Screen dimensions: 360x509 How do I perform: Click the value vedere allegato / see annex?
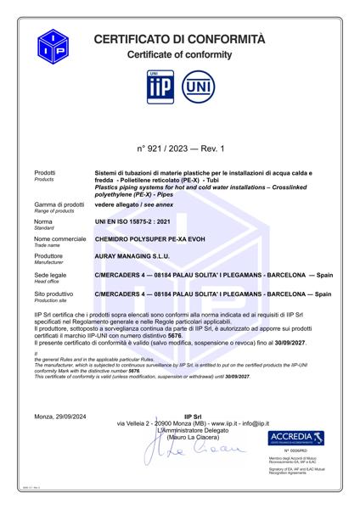(132, 204)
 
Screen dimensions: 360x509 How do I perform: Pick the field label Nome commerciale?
(60, 239)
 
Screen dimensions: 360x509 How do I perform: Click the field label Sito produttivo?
(55, 293)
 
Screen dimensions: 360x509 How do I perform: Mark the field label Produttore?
(49, 255)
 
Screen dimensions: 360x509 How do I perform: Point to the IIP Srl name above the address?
(194, 417)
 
